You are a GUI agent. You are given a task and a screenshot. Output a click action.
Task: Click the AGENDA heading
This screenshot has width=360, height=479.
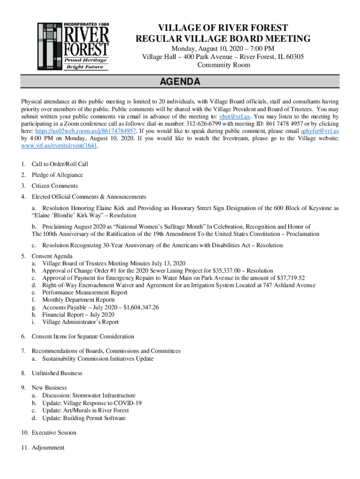coord(180,82)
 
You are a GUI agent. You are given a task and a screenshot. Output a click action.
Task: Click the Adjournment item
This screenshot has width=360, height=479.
coord(48,448)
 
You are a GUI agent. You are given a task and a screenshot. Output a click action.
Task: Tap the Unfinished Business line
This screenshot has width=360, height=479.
coord(57,373)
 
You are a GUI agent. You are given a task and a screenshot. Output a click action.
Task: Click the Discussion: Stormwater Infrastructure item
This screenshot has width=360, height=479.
coord(89,395)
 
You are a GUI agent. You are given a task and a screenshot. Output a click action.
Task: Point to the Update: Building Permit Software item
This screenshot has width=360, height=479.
coord(84,418)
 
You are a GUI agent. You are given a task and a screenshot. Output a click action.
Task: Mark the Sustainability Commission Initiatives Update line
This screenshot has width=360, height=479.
coord(98,359)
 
